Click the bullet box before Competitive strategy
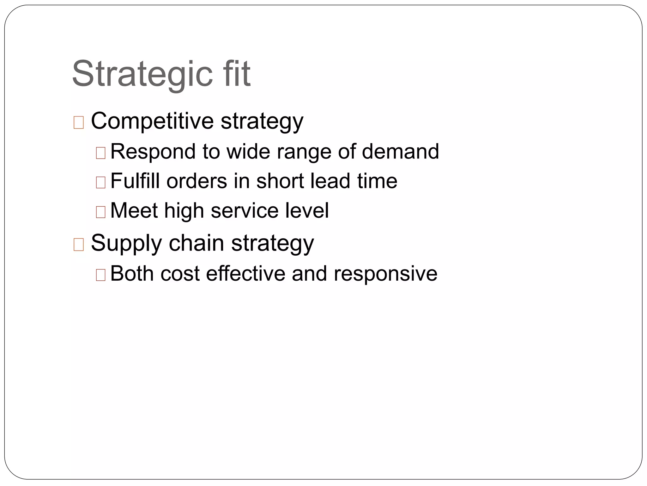click(79, 122)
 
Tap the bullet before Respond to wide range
click(100, 153)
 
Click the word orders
click(197, 181)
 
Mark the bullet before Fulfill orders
click(100, 183)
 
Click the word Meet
click(134, 210)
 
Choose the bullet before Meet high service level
click(100, 212)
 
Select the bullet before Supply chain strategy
click(79, 245)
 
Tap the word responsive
click(385, 274)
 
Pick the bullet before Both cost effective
click(100, 275)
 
